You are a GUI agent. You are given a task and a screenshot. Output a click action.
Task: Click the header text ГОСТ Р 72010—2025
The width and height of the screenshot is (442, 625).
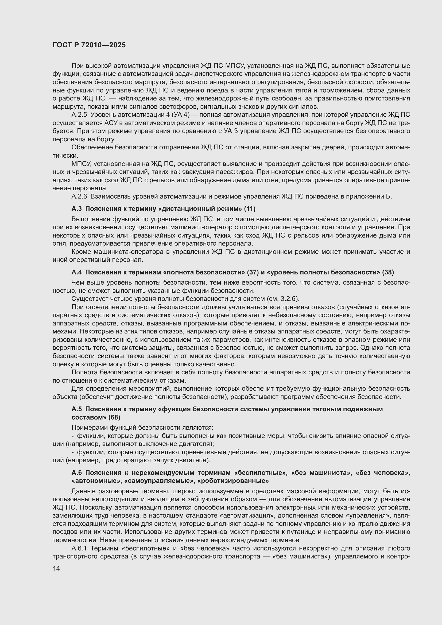coord(89,45)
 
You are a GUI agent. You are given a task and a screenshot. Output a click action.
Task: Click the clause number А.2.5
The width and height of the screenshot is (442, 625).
coord(79,115)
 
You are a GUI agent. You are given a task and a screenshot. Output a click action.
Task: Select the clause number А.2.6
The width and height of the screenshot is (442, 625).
coord(79,196)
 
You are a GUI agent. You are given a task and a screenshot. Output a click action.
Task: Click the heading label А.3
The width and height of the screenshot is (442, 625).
coord(76,209)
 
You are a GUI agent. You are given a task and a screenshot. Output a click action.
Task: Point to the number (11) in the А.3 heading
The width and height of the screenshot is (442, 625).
coord(250,209)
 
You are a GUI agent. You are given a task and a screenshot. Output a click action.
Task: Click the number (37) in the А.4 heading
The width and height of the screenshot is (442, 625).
coord(253,272)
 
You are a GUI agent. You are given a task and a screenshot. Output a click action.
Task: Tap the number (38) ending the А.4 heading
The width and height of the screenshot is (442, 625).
coord(388,272)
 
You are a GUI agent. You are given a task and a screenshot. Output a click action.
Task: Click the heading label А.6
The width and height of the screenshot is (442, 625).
coord(76,473)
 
